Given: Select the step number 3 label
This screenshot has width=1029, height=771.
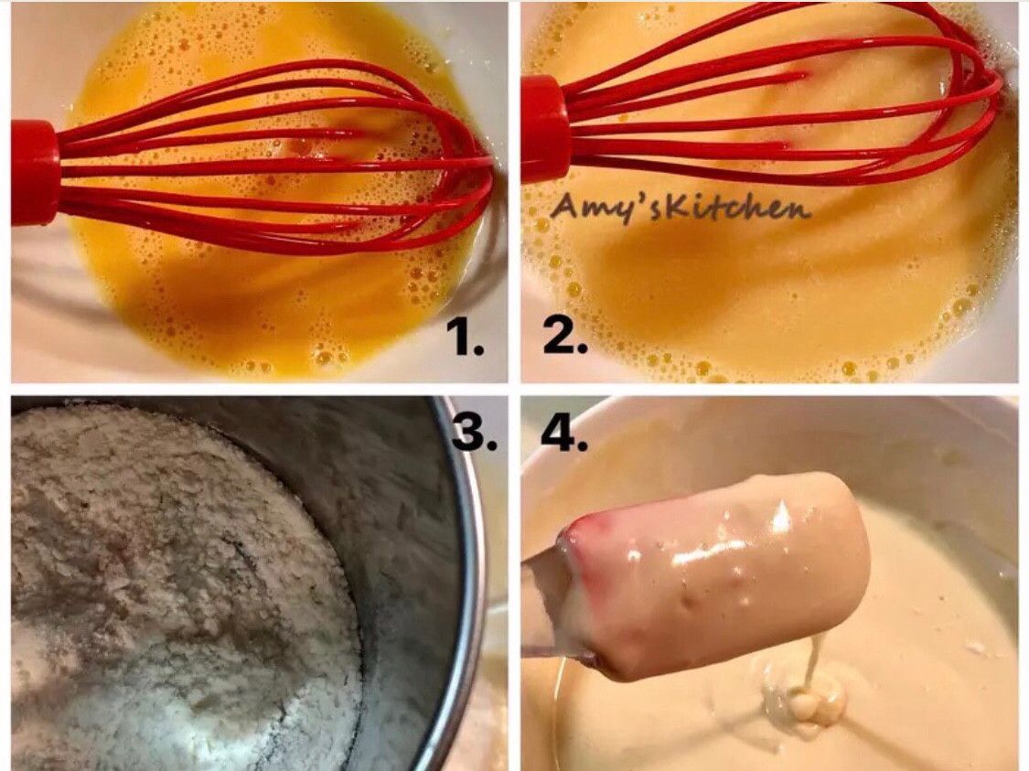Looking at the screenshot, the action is (x=474, y=431).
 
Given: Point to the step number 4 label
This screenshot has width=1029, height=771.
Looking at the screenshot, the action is (x=564, y=431).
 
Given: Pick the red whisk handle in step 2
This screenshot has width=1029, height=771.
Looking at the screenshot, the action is (x=545, y=129).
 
